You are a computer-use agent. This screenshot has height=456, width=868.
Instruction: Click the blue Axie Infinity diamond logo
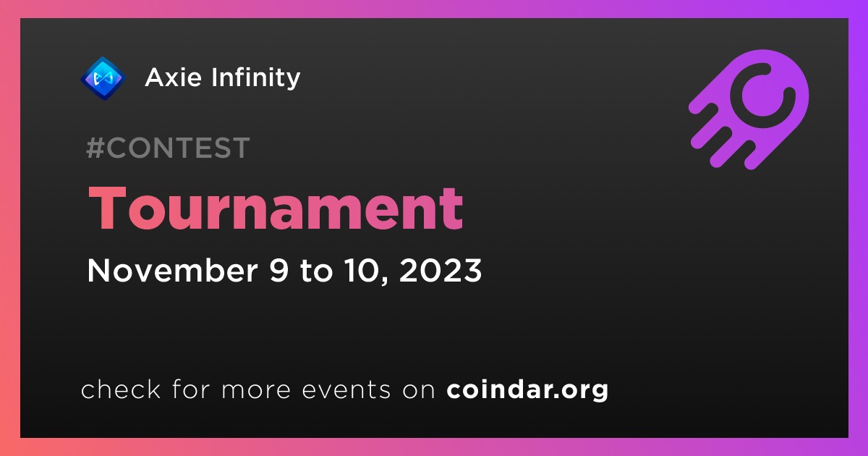click(103, 78)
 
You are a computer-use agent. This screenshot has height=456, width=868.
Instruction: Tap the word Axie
click(173, 77)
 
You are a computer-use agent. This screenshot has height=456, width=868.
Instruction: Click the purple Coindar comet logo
click(749, 109)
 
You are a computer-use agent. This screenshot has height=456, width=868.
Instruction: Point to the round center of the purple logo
click(762, 96)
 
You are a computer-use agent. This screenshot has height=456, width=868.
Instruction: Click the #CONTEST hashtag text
click(168, 148)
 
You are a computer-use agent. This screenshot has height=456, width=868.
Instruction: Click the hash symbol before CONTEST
click(95, 148)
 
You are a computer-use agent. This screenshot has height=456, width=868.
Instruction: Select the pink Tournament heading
click(276, 208)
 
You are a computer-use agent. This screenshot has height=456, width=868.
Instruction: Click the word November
click(172, 270)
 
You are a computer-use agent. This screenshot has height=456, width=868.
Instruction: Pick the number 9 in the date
click(279, 270)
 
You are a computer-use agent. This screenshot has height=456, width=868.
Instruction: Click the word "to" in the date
click(316, 271)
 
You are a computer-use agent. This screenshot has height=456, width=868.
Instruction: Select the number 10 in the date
click(362, 270)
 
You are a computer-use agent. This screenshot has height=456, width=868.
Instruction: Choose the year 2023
click(441, 270)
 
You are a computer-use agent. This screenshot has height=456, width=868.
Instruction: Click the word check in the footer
click(121, 389)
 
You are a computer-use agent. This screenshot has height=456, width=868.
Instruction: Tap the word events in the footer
click(346, 389)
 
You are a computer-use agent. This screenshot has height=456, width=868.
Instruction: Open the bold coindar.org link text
click(527, 390)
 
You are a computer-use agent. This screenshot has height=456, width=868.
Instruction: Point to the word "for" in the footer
click(191, 389)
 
